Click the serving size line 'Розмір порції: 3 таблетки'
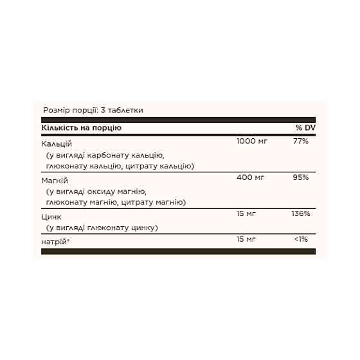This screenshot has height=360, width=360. coord(92,110)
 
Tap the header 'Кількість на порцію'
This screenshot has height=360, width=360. coord(81,127)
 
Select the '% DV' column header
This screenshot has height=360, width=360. coord(305,127)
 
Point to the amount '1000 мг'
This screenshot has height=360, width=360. coord(253,141)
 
